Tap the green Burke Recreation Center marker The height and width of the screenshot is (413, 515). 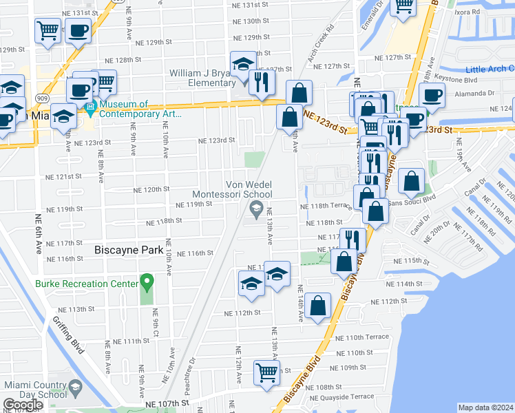[146, 282]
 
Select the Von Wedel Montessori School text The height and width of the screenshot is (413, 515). [250, 189]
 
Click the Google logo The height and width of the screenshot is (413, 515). [23, 404]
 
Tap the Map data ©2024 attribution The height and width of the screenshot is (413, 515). [485, 407]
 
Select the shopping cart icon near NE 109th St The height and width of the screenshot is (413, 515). [267, 372]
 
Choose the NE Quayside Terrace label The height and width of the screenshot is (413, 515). [342, 397]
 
